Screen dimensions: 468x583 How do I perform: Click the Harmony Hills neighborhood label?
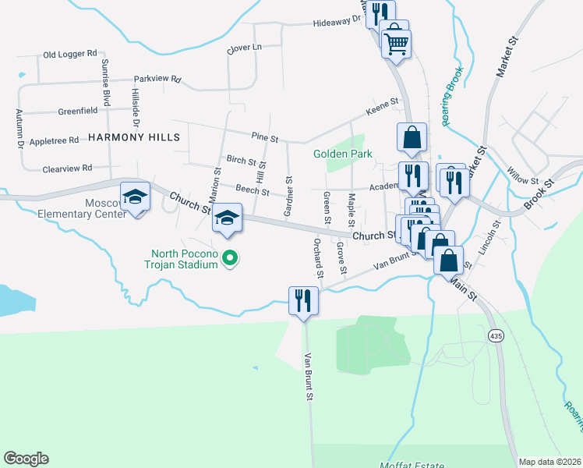[x=134, y=136]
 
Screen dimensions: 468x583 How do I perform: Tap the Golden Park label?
[x=343, y=154]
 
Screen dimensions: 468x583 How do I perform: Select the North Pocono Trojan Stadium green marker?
[x=229, y=257]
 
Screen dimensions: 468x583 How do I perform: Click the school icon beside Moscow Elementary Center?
[x=135, y=197]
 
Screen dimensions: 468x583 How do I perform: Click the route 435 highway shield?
[x=496, y=335]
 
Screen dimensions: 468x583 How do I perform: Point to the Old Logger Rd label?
[x=70, y=55]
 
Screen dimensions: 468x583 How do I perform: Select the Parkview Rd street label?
[x=157, y=79]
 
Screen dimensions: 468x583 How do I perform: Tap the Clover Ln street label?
[x=244, y=48]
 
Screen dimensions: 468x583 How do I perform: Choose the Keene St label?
[x=382, y=102]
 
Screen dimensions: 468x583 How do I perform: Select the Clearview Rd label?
[x=67, y=168]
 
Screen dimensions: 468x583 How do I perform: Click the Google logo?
[x=26, y=459]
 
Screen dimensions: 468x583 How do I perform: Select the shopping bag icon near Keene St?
[x=411, y=138]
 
